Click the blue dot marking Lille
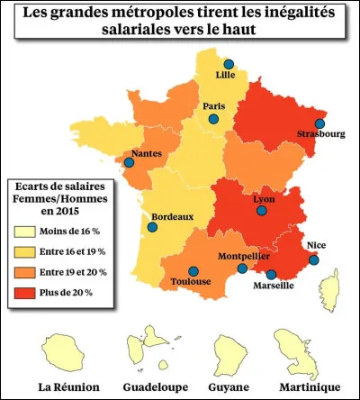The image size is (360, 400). (229, 65)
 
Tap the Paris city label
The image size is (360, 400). (214, 106)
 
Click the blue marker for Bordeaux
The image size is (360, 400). (152, 228)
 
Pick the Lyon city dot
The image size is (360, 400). (261, 211)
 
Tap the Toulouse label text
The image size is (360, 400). (190, 282)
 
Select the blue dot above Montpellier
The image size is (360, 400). (241, 268)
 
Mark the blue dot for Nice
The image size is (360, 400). (313, 260)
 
